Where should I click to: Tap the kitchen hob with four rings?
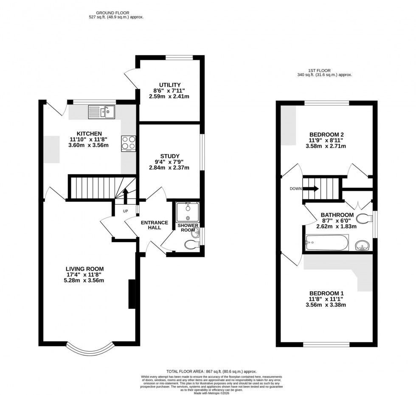coord(129,143)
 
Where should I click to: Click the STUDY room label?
coord(170,155)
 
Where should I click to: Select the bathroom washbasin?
coord(362,245)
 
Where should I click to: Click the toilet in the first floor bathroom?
coord(363,219)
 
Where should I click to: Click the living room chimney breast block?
coord(132,294)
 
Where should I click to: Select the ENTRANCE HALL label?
coord(155,225)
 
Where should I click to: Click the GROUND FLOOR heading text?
coord(113,13)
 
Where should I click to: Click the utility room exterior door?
coord(131,79)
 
